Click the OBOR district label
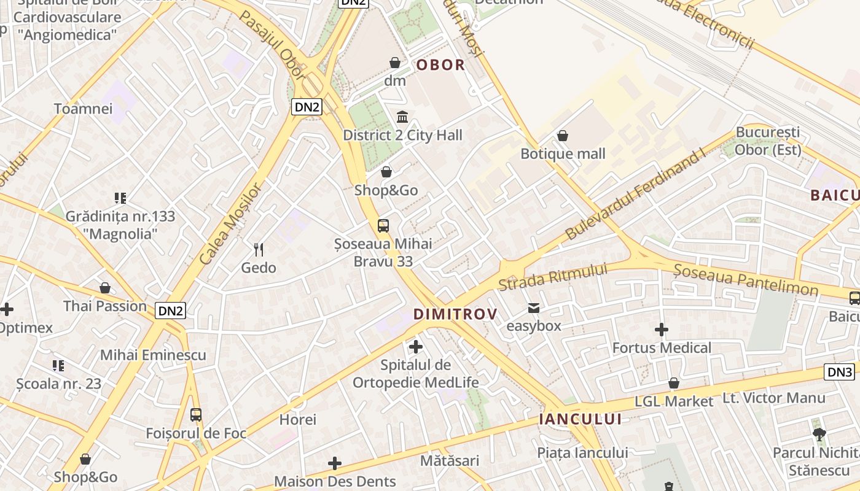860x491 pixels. [x=440, y=65]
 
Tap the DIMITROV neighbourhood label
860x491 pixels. [x=455, y=314]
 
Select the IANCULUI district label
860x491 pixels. [x=580, y=419]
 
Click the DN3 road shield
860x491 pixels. [x=840, y=372]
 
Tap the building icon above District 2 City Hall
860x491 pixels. [x=402, y=117]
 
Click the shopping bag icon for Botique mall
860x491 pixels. [x=563, y=136]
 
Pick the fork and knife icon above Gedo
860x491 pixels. [x=259, y=250]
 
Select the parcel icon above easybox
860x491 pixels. [x=534, y=308]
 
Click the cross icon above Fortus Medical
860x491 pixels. [x=662, y=330]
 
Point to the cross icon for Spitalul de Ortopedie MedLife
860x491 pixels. [x=416, y=347]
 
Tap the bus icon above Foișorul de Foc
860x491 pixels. [x=196, y=415]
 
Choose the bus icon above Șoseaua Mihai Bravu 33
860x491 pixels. [x=383, y=226]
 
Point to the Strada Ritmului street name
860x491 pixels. [x=552, y=277]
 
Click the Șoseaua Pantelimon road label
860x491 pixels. [x=746, y=280]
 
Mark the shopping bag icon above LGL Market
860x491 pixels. [x=674, y=384]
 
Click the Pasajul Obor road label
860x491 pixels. [x=272, y=44]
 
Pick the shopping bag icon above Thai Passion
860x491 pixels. [x=105, y=288]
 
